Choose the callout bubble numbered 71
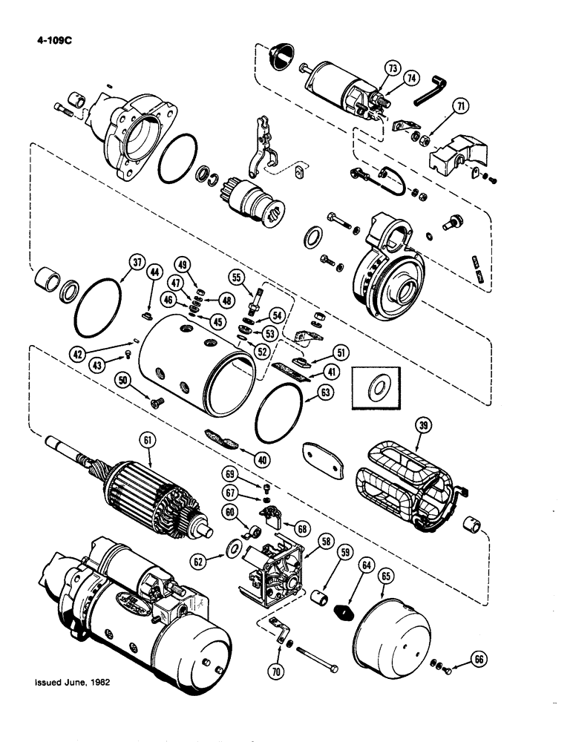[x=462, y=107]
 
